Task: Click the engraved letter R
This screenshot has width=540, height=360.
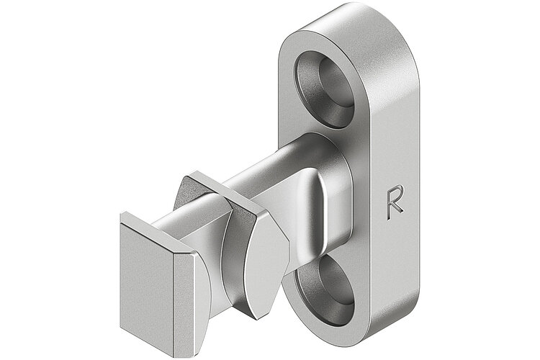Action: [394, 202]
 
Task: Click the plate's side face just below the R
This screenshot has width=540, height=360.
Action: [395, 252]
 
